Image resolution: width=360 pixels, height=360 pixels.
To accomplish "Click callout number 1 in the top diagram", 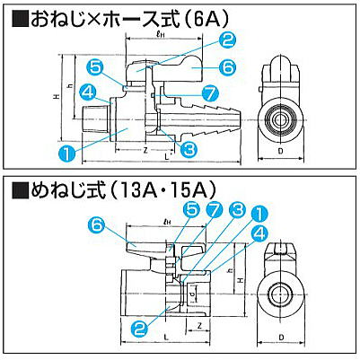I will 67,154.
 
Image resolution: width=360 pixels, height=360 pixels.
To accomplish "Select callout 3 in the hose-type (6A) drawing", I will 189,149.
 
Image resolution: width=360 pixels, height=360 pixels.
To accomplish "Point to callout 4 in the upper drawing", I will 88,90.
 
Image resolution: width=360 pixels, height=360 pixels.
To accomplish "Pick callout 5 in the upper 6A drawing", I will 96,66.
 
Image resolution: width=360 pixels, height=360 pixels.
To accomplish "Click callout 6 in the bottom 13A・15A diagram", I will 99,224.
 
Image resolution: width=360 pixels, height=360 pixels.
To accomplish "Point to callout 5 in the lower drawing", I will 190,209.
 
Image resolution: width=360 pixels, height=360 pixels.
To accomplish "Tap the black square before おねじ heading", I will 16,16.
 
